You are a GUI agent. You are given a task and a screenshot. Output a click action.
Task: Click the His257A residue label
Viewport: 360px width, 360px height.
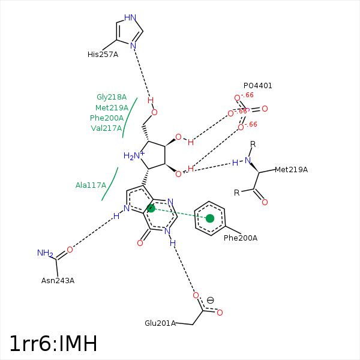coord(103,55)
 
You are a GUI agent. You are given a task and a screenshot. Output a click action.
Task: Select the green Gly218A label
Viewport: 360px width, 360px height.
coord(112,97)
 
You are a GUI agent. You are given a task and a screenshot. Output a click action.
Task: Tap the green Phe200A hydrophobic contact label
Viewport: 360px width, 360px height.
coord(107,118)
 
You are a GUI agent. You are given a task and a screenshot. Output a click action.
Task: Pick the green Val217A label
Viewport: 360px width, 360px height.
coord(106,128)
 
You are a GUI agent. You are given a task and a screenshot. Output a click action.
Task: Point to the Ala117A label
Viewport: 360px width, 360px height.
coord(91,185)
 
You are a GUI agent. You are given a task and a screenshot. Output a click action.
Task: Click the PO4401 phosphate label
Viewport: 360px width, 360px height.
coord(258,86)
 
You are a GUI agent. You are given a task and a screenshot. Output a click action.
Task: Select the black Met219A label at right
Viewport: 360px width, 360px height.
coord(291,170)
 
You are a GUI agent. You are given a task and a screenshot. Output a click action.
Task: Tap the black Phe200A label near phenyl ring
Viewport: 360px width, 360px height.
coord(241,238)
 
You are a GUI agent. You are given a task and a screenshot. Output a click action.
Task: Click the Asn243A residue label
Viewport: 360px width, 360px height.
coord(58,280)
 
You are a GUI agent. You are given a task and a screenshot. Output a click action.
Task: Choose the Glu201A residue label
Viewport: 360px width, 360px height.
coord(160,323)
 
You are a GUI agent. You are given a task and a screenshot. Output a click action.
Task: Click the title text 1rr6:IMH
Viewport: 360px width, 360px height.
coord(53,344)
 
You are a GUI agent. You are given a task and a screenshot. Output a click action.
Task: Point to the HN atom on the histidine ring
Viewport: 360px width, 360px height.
coord(130,18)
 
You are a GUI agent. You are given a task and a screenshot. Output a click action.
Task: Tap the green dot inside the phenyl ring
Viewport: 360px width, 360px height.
coord(210,218)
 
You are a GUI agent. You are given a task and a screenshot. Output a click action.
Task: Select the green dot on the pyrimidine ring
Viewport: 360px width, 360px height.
coord(151,208)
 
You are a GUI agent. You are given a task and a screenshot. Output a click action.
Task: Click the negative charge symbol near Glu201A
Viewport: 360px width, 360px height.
coord(211,301)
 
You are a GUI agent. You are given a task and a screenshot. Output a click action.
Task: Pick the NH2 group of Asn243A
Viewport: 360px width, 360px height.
coord(45,253)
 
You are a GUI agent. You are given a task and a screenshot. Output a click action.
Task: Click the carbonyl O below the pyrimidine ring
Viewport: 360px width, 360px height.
coord(140,243)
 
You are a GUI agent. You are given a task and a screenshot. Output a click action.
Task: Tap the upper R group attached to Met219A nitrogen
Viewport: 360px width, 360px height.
coord(253,144)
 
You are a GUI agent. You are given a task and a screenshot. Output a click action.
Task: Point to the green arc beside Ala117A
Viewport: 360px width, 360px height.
coord(110,184)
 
